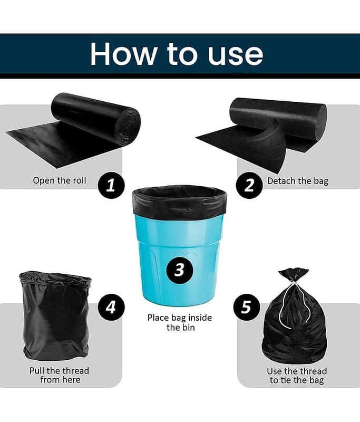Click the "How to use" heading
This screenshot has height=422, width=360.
pos(177,54)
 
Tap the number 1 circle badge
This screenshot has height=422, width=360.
pos(111,186)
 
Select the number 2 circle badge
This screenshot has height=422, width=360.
pos(249,186)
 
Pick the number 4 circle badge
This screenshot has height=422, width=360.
pos(111,307)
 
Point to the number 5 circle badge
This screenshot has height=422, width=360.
pos(247,307)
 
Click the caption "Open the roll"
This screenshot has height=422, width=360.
pos(60,180)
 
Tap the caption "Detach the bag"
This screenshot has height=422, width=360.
pos(298,181)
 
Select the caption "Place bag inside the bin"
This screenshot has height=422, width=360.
pos(180,322)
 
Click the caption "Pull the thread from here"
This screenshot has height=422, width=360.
pos(60,375)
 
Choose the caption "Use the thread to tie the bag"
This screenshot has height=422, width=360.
pos(297,376)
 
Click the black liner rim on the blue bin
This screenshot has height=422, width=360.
pos(179,200)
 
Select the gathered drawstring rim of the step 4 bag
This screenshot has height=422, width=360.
pos(55,280)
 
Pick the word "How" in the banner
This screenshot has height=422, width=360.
pos(123,54)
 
